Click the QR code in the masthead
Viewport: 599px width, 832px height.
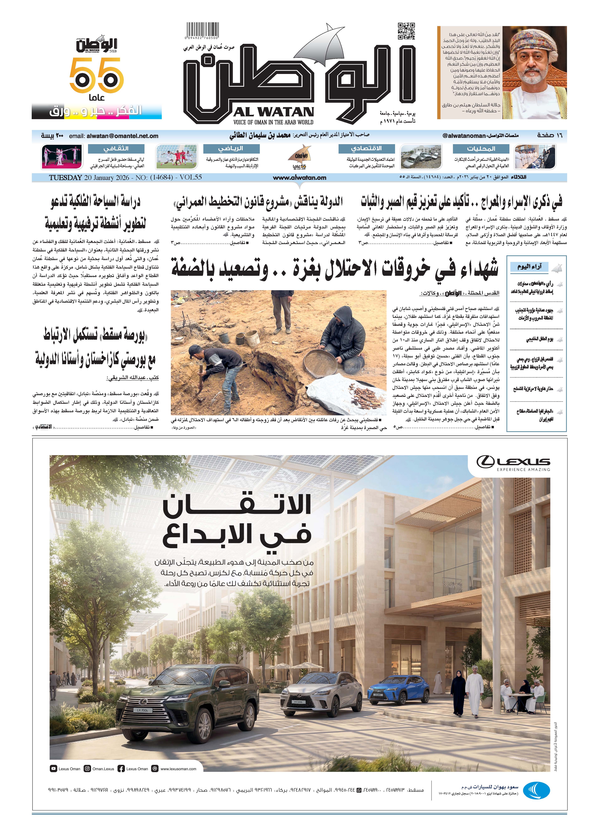[x=406, y=31]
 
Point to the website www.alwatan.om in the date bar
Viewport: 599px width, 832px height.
[x=299, y=178]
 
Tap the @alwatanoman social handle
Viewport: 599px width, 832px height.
[x=464, y=136]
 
